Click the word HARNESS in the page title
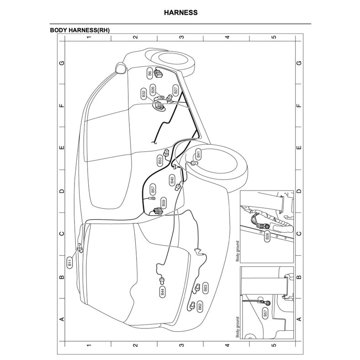pos(181,12)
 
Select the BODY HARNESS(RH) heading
pos(79,30)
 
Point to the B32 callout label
pos(144,94)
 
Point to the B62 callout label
pos(200,307)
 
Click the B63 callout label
pos(206,287)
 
